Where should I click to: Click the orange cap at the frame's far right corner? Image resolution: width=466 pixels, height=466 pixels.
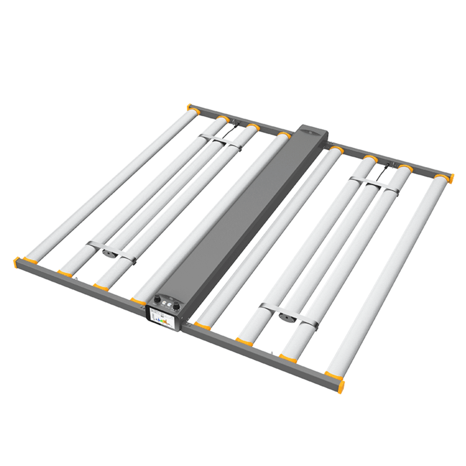tap(451, 178)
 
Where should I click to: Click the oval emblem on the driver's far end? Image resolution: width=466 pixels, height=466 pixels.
tap(311, 132)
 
